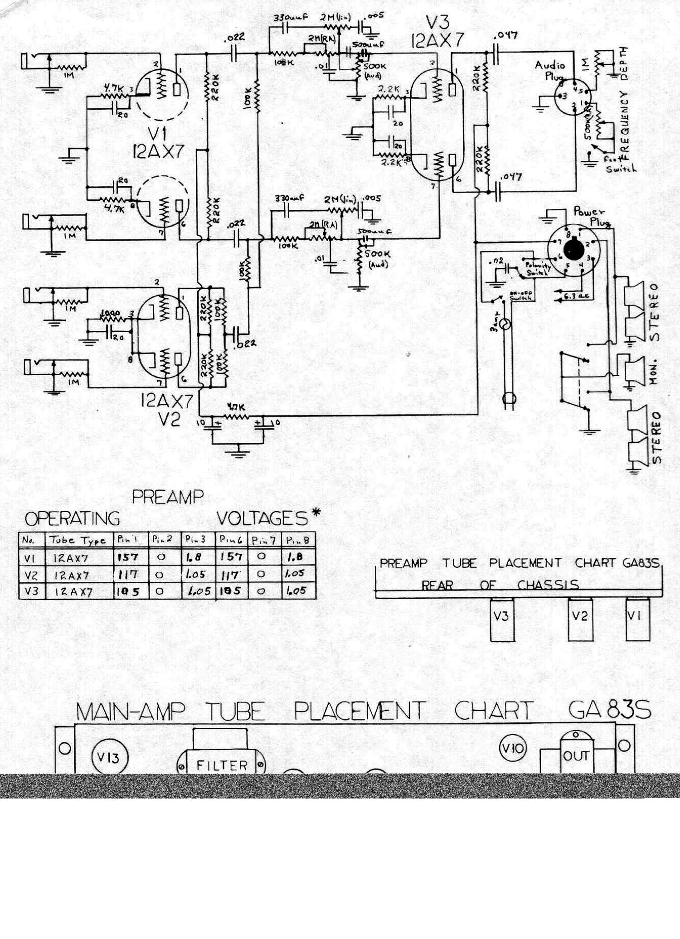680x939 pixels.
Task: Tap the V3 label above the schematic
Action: (x=438, y=23)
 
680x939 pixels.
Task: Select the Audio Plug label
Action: (x=550, y=70)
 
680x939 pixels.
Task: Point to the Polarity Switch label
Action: (x=537, y=269)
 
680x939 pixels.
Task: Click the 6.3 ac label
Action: (x=576, y=295)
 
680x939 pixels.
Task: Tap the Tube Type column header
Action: (x=78, y=540)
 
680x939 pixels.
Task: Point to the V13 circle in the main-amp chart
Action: (x=110, y=757)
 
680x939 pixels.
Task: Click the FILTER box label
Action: (x=222, y=765)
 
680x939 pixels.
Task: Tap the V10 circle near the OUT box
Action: (x=513, y=748)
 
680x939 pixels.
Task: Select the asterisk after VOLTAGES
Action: (x=316, y=513)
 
